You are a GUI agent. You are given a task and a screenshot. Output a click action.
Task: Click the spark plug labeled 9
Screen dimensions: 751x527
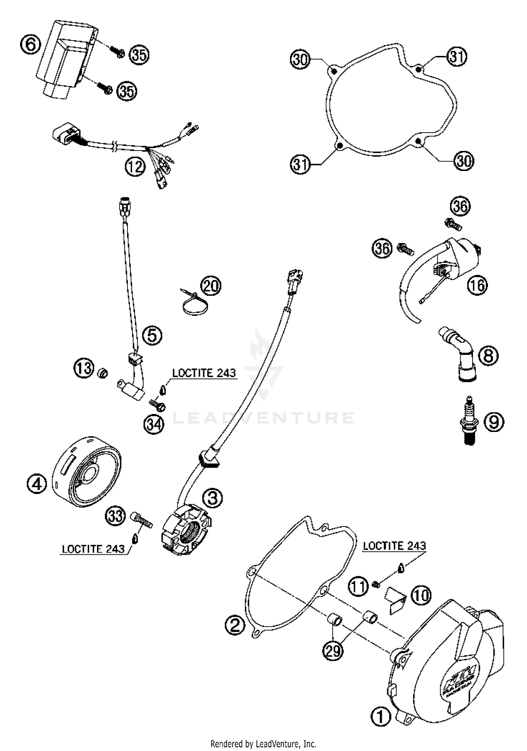pos(470,421)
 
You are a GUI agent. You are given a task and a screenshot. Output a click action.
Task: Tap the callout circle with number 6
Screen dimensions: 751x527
pos(31,45)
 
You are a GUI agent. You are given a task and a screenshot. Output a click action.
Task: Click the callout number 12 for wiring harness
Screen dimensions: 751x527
pos(135,166)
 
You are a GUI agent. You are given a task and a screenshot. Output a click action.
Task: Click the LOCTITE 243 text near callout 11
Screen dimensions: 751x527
pos(394,546)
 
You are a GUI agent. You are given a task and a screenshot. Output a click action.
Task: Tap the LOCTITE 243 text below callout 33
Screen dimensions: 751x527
pos(93,549)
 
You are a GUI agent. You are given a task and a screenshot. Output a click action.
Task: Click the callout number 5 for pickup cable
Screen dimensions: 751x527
pos(152,335)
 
